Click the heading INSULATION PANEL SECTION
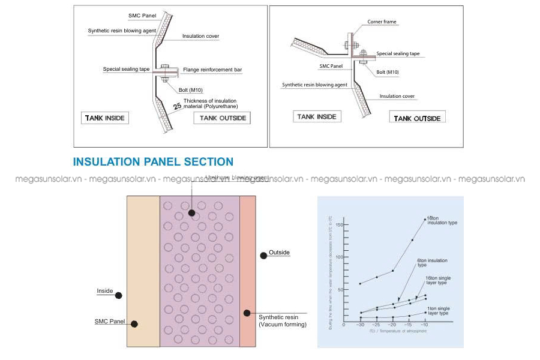coord(153,162)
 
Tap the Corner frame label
coord(382,22)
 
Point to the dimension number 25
coord(177,107)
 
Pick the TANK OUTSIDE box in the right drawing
coord(417,118)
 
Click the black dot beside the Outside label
coord(263,256)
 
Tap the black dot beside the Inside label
coord(119,295)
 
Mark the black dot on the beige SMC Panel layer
coord(134,324)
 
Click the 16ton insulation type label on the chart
coord(442,220)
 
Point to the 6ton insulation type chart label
coord(432,262)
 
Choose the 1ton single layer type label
coord(438,310)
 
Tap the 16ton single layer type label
coord(438,280)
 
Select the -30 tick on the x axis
coord(360,325)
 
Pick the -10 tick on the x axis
coord(425,325)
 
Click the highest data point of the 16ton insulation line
coord(425,219)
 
